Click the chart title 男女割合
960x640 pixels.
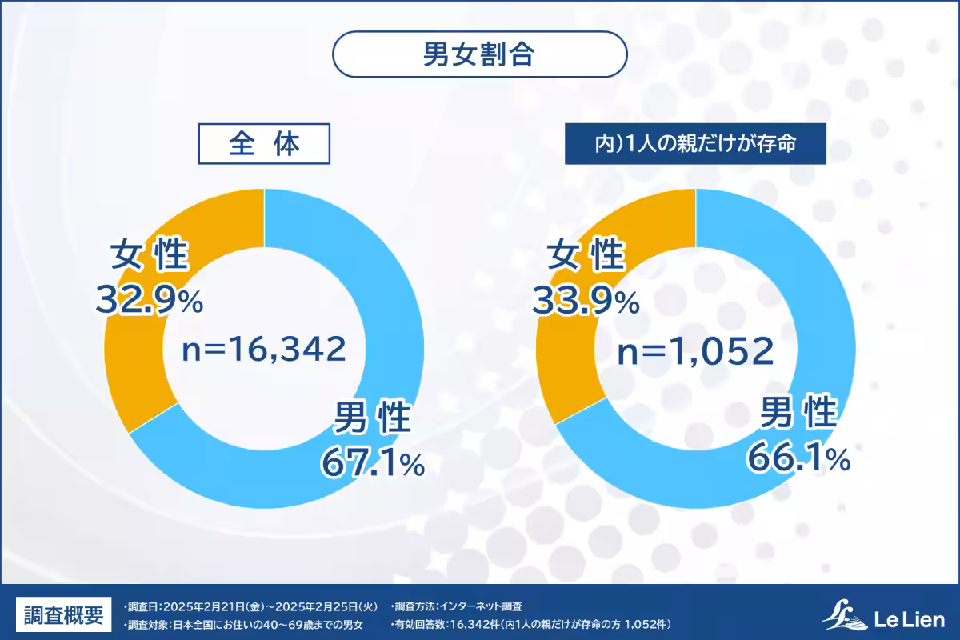pos(479,54)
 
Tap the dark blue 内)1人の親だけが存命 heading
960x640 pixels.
pos(695,145)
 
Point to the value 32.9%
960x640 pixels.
pos(150,302)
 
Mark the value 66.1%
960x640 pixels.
pos(798,458)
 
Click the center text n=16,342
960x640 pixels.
pos(264,350)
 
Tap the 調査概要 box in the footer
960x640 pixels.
pos(63,615)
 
